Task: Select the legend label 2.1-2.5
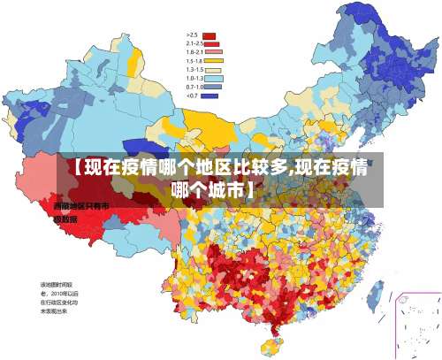pos(194,43)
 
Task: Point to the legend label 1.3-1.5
pos(194,69)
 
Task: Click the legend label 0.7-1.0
pos(194,87)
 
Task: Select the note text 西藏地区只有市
pos(80,206)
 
